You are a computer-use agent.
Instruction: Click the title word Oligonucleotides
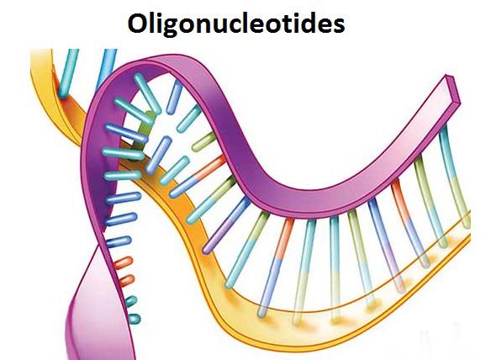pyautogui.click(x=236, y=24)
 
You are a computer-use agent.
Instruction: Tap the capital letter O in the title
pyautogui.click(x=138, y=24)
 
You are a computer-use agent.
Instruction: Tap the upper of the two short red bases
pyautogui.click(x=123, y=262)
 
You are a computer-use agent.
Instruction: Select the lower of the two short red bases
pyautogui.click(x=126, y=280)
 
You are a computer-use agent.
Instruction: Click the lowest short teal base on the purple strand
pyautogui.click(x=133, y=318)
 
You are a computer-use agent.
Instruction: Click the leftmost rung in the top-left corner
pyautogui.click(x=68, y=72)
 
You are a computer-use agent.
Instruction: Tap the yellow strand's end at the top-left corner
pyautogui.click(x=41, y=51)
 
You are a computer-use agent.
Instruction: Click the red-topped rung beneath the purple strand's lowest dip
pyautogui.click(x=276, y=267)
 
